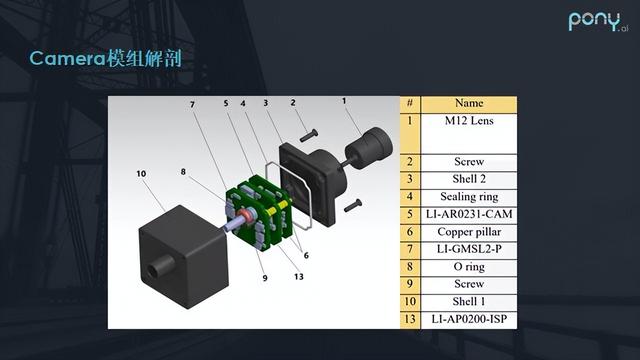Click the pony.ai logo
[598, 21]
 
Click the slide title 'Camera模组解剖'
[105, 58]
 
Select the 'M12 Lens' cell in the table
[469, 133]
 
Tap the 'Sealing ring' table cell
[469, 197]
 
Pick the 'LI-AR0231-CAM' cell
[469, 215]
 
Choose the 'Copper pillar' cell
[469, 232]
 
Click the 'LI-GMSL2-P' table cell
[469, 249]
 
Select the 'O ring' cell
[469, 267]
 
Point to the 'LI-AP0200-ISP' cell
[469, 320]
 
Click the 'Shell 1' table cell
[469, 302]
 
